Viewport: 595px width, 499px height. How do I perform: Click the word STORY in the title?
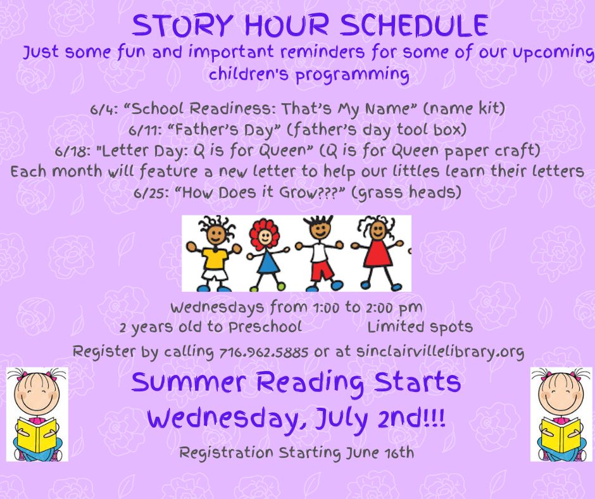[182, 25]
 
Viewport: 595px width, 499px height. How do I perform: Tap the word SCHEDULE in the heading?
[413, 25]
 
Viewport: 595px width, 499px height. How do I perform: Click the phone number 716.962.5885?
[264, 352]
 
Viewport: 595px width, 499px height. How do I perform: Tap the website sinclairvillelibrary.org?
[440, 352]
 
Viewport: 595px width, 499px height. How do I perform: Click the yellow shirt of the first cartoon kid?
[215, 258]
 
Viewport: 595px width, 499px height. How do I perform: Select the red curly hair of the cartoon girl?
[264, 231]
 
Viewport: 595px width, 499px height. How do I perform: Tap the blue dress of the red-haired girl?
[268, 262]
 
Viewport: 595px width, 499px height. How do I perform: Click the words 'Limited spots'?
[420, 327]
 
